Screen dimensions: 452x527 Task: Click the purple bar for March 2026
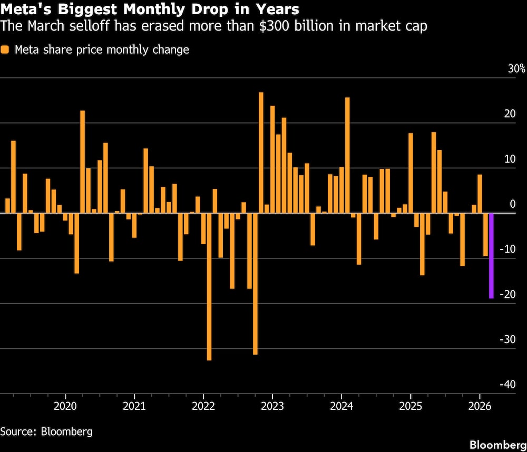point(491,256)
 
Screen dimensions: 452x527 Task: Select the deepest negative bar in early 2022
point(209,286)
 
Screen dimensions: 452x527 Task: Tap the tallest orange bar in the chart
point(261,153)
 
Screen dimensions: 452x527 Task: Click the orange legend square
point(5,50)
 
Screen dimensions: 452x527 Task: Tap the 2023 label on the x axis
point(272,406)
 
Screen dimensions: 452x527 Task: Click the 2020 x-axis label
point(65,406)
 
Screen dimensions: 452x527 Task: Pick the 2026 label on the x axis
point(480,406)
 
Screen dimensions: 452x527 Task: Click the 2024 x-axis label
point(341,406)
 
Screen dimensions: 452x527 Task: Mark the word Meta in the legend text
point(26,50)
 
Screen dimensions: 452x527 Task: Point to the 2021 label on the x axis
point(134,406)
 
